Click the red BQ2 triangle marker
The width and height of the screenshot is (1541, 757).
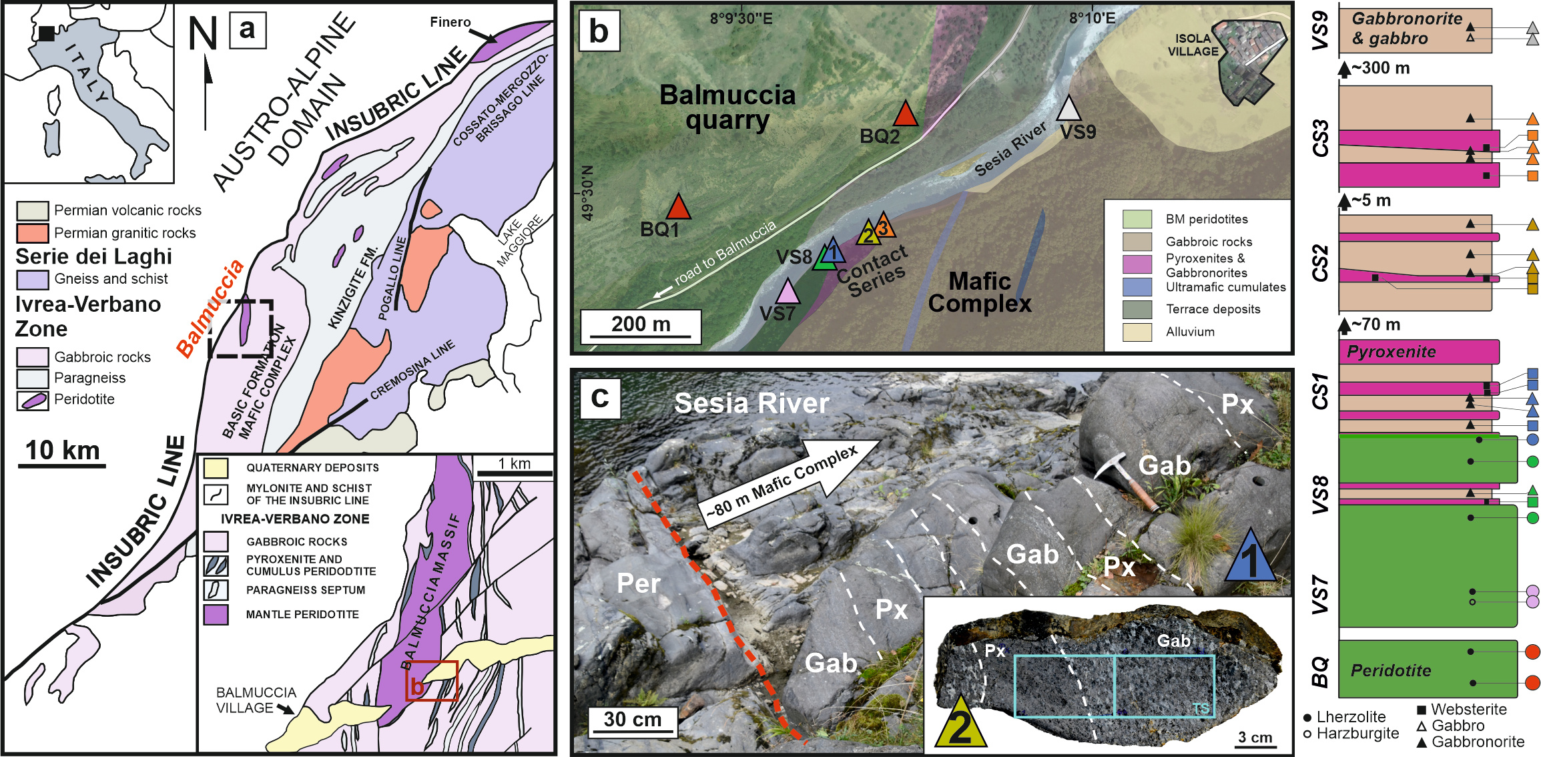click(x=906, y=115)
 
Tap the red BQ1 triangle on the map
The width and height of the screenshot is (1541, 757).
click(x=679, y=208)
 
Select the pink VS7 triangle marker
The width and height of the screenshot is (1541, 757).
click(x=788, y=292)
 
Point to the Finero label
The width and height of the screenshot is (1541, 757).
click(x=450, y=22)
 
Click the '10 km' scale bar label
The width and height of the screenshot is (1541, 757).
click(x=63, y=451)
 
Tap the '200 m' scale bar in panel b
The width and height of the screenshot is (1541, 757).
click(x=641, y=325)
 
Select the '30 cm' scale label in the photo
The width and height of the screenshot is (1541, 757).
click(x=633, y=720)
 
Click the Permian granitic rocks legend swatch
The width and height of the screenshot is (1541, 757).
click(x=32, y=233)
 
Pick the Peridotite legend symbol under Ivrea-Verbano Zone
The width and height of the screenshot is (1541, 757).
click(x=32, y=400)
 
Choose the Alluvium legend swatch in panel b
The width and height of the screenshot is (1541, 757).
click(x=1137, y=332)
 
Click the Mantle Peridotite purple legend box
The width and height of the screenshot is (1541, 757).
click(x=216, y=614)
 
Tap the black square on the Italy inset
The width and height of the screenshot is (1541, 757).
click(x=46, y=33)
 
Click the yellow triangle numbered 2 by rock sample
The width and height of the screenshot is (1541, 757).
click(x=960, y=724)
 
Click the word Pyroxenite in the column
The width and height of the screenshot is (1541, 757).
click(x=1391, y=352)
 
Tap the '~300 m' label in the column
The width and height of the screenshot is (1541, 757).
click(x=1380, y=68)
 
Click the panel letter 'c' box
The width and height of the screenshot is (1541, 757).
click(x=600, y=398)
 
